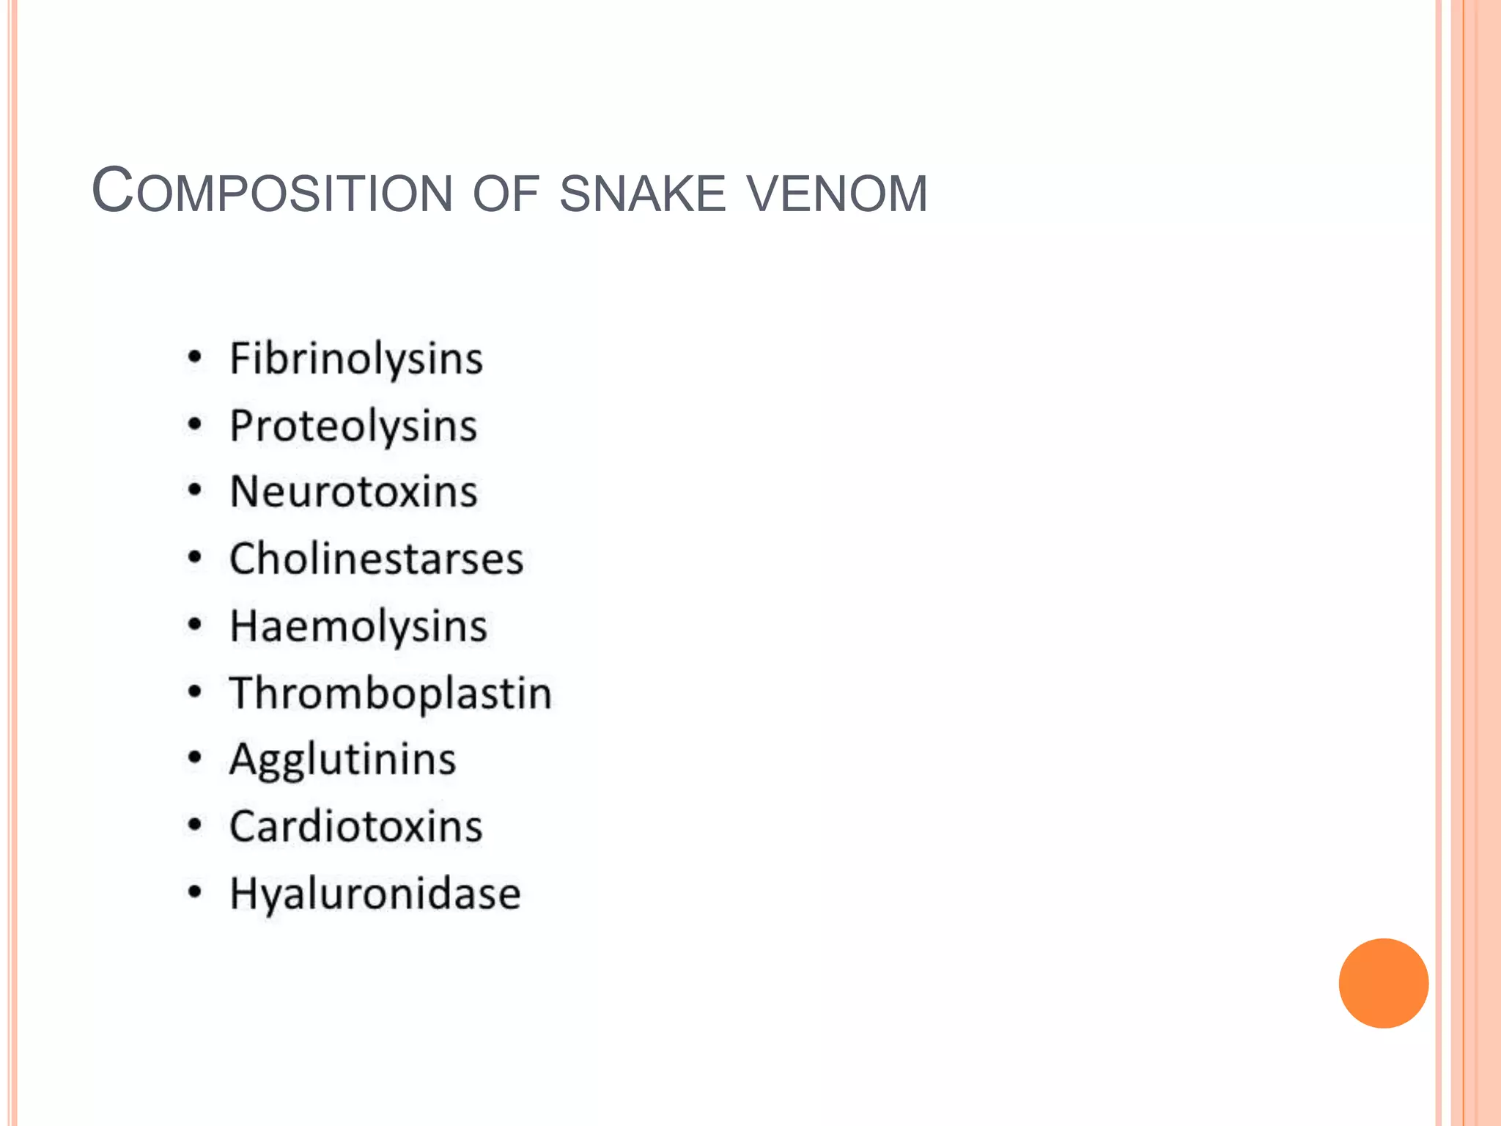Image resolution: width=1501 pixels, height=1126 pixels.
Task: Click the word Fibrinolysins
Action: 356,359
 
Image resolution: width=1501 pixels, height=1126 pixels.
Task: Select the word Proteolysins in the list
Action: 353,426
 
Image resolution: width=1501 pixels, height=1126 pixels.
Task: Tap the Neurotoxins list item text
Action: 353,492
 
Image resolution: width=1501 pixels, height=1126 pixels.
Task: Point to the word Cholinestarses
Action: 376,559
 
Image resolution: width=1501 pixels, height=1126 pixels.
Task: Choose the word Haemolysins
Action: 358,627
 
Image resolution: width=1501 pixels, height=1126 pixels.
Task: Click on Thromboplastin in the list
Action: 391,693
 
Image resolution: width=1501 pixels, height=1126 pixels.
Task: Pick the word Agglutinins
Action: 342,759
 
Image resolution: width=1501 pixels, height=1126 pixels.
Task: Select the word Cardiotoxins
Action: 356,827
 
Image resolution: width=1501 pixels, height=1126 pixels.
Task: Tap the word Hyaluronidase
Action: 375,894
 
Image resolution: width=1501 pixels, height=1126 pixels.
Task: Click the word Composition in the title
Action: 272,192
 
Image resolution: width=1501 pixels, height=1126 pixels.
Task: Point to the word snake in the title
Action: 642,194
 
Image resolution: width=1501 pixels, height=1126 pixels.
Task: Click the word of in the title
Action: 506,194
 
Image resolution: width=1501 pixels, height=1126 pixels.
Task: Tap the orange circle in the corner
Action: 1383,983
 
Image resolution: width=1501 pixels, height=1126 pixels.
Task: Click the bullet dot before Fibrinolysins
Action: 194,358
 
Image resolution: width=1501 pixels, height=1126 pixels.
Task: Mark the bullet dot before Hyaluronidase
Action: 194,892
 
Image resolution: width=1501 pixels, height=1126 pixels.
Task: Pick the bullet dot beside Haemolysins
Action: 194,625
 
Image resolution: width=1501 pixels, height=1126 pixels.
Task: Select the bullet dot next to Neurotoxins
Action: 194,490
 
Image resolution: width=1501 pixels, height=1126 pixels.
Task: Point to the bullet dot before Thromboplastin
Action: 194,692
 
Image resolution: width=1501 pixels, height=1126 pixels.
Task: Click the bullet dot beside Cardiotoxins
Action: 194,825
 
